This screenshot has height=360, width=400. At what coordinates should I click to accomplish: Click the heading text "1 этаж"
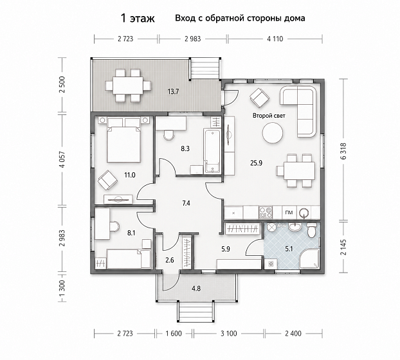tap(138, 19)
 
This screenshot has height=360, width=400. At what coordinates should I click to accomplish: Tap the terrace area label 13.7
tap(173, 91)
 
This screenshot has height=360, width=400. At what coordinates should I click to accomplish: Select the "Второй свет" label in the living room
tap(269, 116)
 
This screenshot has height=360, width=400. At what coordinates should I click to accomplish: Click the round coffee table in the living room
tap(273, 133)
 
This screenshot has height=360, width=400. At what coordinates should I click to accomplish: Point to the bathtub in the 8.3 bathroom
tap(212, 151)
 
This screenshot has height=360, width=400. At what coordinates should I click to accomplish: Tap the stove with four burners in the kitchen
tap(266, 213)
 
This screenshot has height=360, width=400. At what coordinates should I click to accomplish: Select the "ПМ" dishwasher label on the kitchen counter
tap(289, 213)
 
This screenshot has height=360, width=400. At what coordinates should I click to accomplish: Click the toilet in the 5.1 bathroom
tap(311, 230)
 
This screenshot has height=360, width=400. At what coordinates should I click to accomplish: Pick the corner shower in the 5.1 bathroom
tap(310, 258)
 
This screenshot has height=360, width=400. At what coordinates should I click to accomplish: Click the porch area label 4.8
tap(196, 289)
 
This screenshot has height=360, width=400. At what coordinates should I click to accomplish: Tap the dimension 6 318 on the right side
tap(344, 151)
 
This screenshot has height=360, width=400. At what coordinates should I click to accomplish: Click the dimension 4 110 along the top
tap(275, 39)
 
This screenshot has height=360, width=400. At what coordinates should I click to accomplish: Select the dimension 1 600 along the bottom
tap(174, 333)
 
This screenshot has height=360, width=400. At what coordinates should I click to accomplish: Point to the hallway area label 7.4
tap(186, 203)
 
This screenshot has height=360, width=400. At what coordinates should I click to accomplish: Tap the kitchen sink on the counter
tap(304, 213)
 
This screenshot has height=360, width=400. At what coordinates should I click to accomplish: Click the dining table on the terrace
tap(128, 85)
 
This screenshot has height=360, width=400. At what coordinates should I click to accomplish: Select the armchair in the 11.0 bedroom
tap(107, 180)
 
